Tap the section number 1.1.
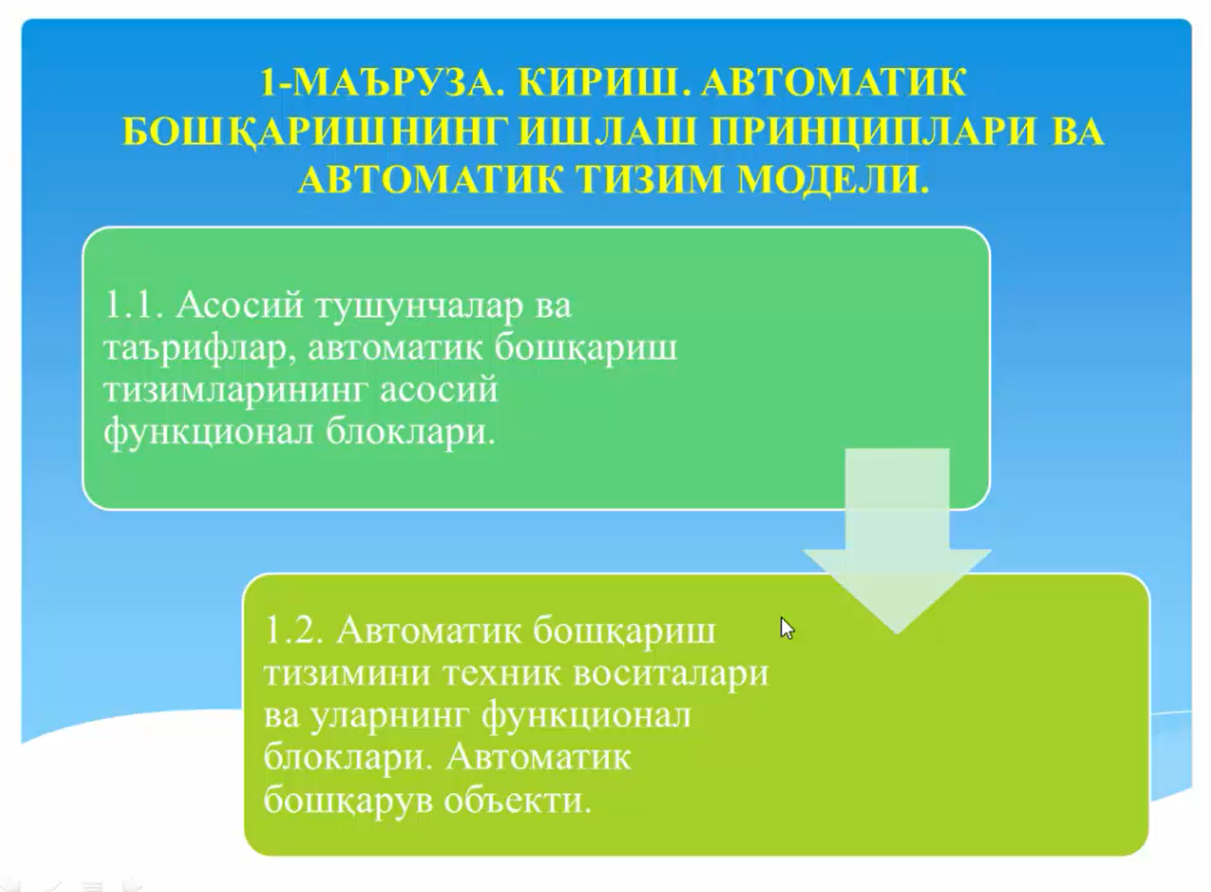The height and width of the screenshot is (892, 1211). [x=134, y=304]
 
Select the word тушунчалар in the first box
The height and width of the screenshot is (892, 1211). [x=420, y=306]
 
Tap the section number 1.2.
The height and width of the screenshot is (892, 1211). [x=294, y=630]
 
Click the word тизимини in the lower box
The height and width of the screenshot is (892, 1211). [x=348, y=673]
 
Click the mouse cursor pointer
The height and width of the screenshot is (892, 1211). [x=788, y=628]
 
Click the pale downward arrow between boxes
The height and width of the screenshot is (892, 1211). [x=897, y=541]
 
